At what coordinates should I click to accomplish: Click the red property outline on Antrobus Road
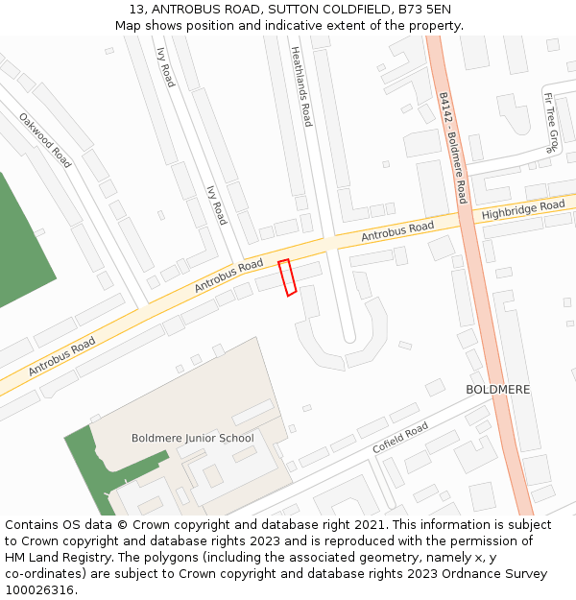click(x=286, y=277)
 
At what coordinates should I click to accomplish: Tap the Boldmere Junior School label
click(x=192, y=439)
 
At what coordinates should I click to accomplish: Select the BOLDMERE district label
click(x=497, y=390)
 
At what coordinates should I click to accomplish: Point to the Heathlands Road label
click(x=301, y=87)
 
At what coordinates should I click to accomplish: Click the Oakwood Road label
click(x=45, y=140)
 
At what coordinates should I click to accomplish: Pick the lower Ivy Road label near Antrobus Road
click(x=217, y=205)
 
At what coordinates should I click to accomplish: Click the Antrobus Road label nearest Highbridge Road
click(x=397, y=231)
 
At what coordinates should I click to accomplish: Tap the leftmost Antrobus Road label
click(x=61, y=356)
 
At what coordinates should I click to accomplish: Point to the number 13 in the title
click(x=133, y=10)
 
